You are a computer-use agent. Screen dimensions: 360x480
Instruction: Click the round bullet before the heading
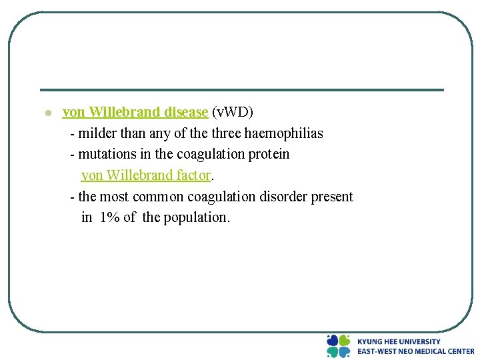point(47,113)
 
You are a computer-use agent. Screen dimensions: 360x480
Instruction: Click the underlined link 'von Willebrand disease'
point(135,112)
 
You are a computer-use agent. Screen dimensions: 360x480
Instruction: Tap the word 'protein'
point(269,154)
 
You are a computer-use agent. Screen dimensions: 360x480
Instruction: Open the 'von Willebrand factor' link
point(145,175)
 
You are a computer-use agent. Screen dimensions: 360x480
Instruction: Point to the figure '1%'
point(109,217)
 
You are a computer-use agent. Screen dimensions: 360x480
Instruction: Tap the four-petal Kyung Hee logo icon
point(339,346)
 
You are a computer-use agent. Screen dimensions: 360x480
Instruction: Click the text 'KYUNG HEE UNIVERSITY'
point(399,341)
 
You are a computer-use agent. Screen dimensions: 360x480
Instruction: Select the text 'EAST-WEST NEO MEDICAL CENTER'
point(415,351)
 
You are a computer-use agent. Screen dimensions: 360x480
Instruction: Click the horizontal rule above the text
point(241,90)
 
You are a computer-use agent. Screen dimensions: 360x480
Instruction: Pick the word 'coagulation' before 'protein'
point(211,154)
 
